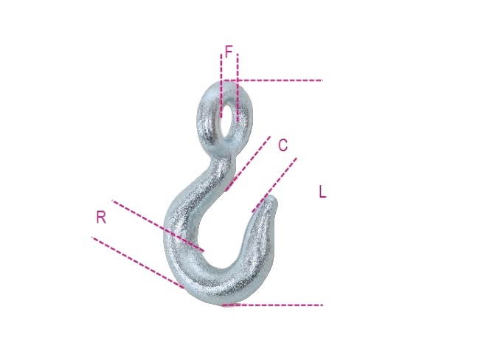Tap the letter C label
(x=283, y=145)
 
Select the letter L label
(x=323, y=192)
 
